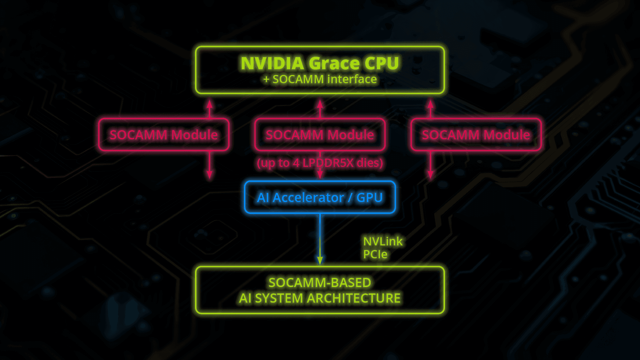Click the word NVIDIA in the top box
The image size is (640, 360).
[272, 63]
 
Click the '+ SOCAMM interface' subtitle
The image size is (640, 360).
[320, 79]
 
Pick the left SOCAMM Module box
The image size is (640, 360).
[164, 135]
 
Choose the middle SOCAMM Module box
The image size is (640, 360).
[320, 135]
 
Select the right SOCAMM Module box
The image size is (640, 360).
[476, 135]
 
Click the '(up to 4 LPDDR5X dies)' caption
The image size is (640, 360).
[320, 163]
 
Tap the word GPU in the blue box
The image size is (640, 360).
[369, 198]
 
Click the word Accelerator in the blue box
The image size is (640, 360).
[308, 198]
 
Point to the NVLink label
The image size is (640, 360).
[383, 241]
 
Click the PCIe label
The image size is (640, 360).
[375, 254]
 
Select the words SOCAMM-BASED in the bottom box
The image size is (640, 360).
[320, 283]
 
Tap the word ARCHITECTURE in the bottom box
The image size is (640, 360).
[354, 298]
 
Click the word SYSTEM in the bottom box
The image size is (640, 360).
[279, 298]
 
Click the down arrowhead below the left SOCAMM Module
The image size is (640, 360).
[209, 175]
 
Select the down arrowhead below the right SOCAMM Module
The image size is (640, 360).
[430, 175]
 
